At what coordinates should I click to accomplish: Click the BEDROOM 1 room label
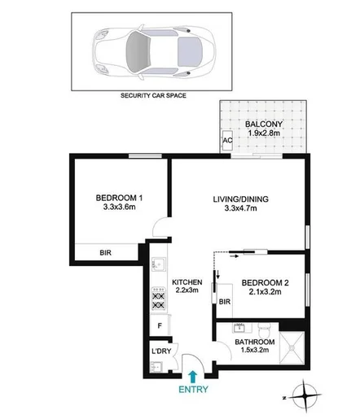coord(119,196)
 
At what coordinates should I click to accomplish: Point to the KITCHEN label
coord(188,282)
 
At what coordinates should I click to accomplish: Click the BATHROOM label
coord(253,342)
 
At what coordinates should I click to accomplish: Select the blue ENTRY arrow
coord(191,375)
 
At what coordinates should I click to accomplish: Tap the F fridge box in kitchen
coord(159,328)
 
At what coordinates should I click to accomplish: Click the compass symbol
coord(305,396)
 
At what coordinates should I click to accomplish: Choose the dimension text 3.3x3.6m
coord(119,207)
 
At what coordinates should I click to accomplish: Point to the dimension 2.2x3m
coord(188,293)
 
